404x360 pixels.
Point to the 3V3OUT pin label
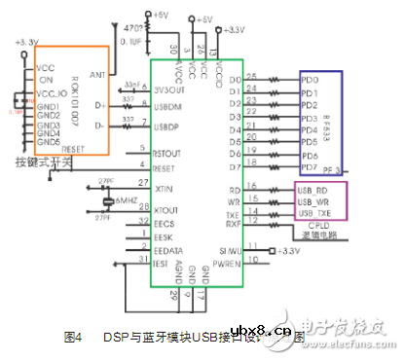pos(171,88)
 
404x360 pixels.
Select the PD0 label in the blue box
pos(310,79)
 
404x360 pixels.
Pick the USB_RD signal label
pos(314,189)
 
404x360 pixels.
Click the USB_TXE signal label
pos(315,212)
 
